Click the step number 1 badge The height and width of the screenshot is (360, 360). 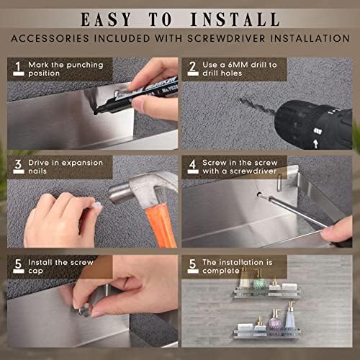pos(18,68)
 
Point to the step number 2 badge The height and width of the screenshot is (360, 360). pos(192,68)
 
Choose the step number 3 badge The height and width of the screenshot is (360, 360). pos(18,166)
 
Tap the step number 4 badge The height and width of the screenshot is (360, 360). pos(192,166)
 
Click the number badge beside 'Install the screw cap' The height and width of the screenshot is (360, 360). pos(18,265)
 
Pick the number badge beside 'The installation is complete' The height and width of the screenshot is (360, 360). pos(192,265)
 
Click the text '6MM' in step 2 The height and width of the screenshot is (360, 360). pos(230,65)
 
